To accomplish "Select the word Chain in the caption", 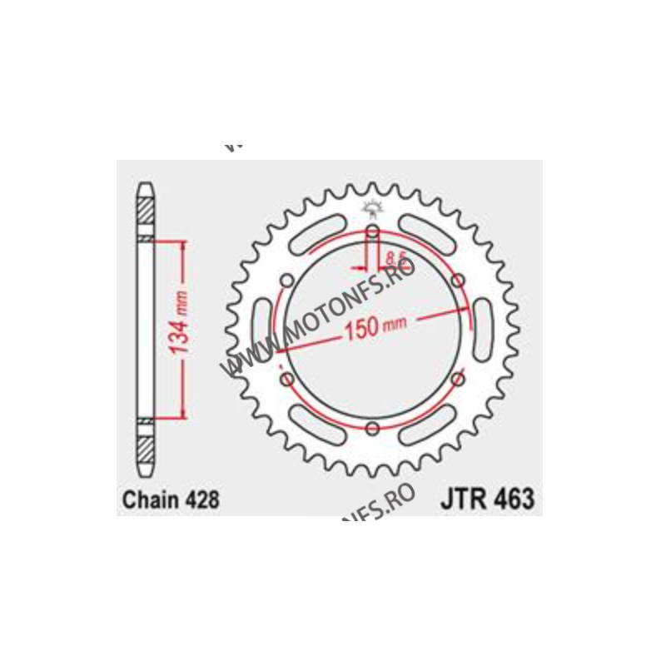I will (x=151, y=500).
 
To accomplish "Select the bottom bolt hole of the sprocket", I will (x=372, y=428).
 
